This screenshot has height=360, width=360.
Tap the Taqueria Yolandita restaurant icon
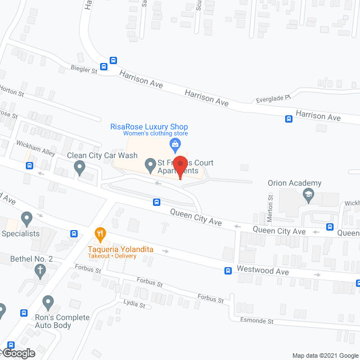(x=100, y=233)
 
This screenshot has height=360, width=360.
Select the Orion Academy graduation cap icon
(x=308, y=195)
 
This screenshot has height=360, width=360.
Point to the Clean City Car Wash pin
(x=80, y=166)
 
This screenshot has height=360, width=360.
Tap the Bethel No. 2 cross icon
(x=40, y=271)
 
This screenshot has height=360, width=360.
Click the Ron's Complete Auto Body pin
(x=48, y=304)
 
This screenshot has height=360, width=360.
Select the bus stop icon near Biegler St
(x=113, y=61)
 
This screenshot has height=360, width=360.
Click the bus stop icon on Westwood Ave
(x=228, y=271)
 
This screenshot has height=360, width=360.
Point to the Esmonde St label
(x=259, y=322)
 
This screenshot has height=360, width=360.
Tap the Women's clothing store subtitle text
(x=155, y=133)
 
